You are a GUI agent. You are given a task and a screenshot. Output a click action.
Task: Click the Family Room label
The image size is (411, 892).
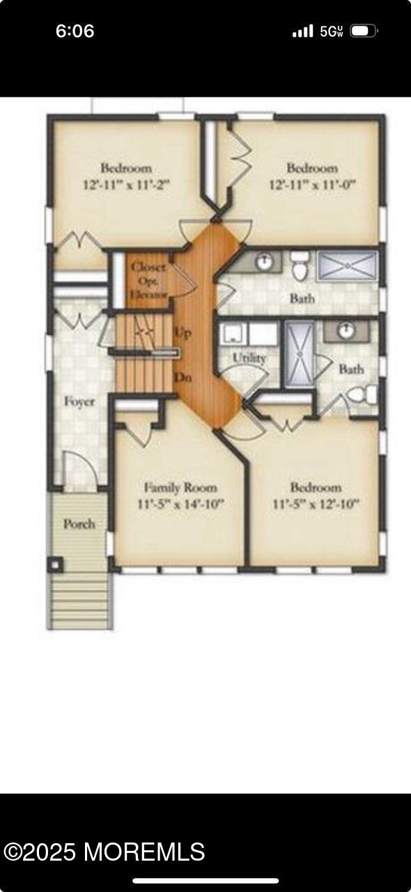click(x=180, y=487)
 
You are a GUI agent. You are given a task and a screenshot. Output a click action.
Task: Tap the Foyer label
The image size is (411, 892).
click(x=79, y=402)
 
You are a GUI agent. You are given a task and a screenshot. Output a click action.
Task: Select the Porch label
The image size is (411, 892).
click(x=79, y=523)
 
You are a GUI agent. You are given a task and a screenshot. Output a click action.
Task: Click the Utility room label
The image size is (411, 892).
click(x=249, y=358)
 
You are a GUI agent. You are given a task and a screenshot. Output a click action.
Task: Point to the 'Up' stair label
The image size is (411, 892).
click(x=183, y=332)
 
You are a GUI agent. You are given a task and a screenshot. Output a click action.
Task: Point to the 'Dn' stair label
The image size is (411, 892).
click(x=183, y=377)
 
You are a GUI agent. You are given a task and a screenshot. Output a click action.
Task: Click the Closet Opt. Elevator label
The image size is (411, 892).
click(x=148, y=281)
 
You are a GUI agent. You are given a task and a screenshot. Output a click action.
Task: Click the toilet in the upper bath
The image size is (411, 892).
click(x=299, y=265)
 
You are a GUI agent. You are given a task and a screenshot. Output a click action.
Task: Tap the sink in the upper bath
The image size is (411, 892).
click(x=263, y=261)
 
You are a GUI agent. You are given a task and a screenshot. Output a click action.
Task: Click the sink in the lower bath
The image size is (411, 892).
click(x=346, y=330)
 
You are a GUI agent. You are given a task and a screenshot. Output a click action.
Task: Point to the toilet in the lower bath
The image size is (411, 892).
click(x=362, y=394)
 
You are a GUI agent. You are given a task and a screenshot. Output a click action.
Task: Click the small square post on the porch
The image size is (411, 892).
click(x=56, y=564)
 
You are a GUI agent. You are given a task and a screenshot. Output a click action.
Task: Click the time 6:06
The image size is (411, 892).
click(x=75, y=31)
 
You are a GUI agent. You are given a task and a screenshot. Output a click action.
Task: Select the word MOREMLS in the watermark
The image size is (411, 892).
click(x=144, y=852)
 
